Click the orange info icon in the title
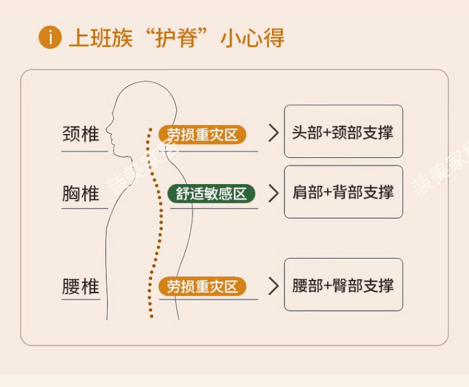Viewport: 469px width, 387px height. pyautogui.click(x=50, y=38)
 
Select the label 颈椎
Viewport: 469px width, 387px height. pyautogui.click(x=81, y=134)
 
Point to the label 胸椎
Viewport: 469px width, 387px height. pyautogui.click(x=81, y=193)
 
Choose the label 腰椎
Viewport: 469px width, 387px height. pyautogui.click(x=81, y=287)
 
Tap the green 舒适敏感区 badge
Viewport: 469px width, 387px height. pyautogui.click(x=211, y=193)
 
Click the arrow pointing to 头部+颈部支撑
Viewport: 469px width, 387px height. pyautogui.click(x=273, y=133)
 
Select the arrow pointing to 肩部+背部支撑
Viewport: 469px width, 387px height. pyautogui.click(x=273, y=193)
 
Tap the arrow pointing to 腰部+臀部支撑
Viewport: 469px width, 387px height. pyautogui.click(x=273, y=286)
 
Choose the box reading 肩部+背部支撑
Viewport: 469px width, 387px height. pyautogui.click(x=343, y=192)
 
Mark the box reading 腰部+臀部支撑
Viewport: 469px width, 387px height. pyautogui.click(x=343, y=285)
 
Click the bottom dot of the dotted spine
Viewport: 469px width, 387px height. pyautogui.click(x=151, y=316)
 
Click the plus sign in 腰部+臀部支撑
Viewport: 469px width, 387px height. pyautogui.click(x=328, y=286)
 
